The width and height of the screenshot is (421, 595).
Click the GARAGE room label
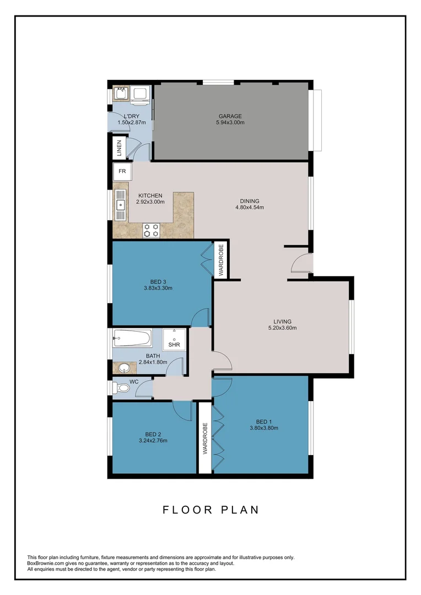pyautogui.click(x=230, y=116)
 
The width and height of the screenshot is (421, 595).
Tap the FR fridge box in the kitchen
pyautogui.click(x=122, y=171)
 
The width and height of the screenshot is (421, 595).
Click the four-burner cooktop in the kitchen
pyautogui.click(x=152, y=230)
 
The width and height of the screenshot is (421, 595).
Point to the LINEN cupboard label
pyautogui.click(x=118, y=148)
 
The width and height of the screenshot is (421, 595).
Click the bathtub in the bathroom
pyautogui.click(x=132, y=337)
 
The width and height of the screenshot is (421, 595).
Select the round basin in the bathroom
pyautogui.click(x=123, y=367)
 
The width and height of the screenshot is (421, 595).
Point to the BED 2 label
pyautogui.click(x=153, y=434)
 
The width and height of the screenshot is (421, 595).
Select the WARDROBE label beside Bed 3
pyautogui.click(x=220, y=261)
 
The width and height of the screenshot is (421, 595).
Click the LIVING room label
pyautogui.click(x=282, y=322)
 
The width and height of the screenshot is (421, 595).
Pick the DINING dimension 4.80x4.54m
pyautogui.click(x=250, y=208)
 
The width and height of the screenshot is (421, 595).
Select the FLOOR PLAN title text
pyautogui.click(x=210, y=510)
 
